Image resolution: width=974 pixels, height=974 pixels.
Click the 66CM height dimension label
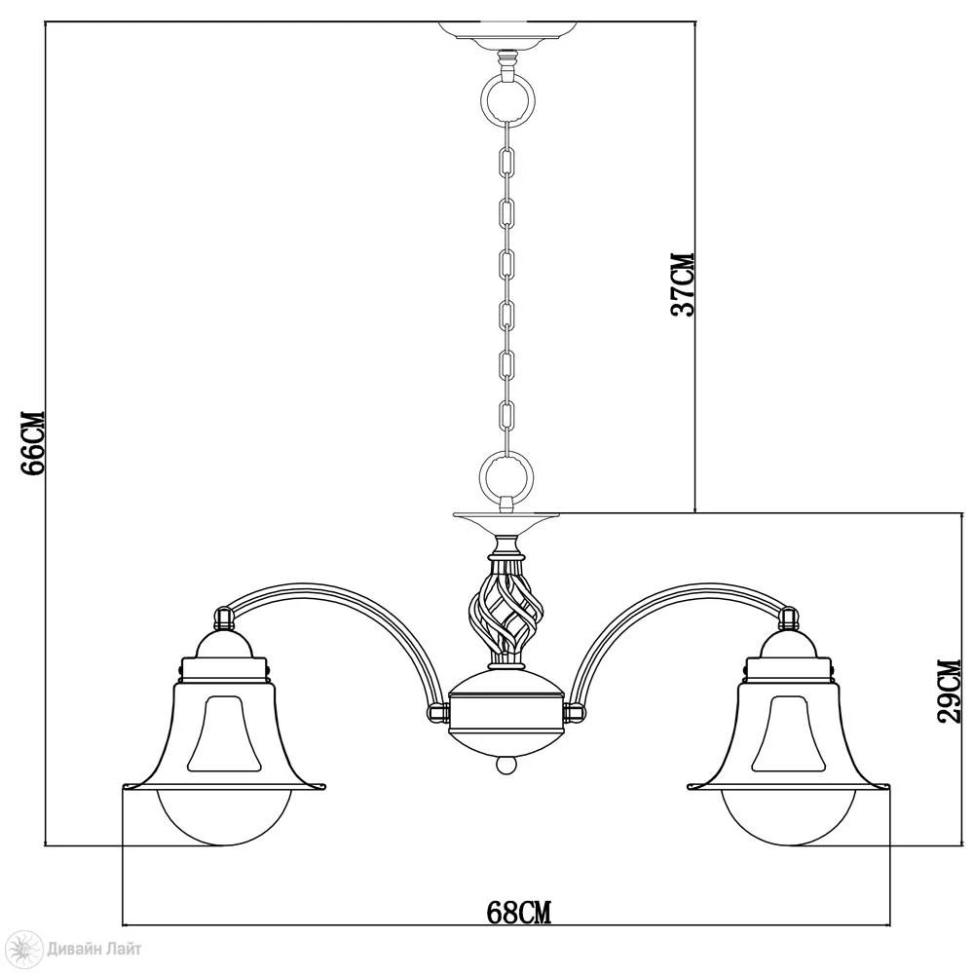click(33, 442)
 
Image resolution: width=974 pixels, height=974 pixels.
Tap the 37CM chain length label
click(682, 284)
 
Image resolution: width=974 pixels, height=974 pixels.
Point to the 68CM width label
click(519, 913)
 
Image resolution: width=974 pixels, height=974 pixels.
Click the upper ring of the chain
click(483, 97)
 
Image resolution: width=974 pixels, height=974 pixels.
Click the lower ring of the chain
click(483, 478)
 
